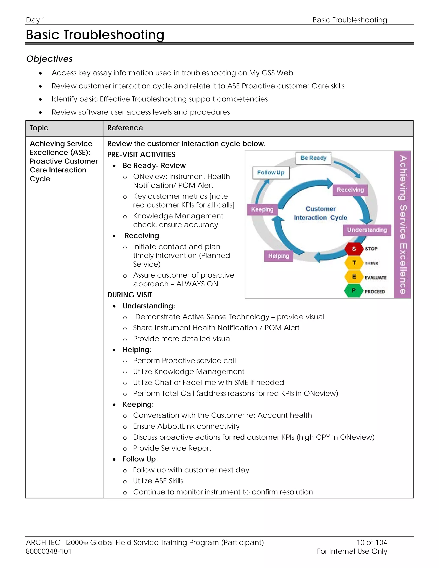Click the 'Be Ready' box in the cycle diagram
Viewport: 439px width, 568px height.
(313, 158)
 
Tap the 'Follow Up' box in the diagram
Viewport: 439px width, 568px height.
(271, 173)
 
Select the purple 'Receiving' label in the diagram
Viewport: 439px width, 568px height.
(350, 190)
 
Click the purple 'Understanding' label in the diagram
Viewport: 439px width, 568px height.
(367, 230)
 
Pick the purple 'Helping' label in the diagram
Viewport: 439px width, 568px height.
(278, 256)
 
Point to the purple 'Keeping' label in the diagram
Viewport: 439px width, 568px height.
(262, 209)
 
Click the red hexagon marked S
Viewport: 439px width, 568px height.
(354, 249)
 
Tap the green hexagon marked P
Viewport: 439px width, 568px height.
(353, 290)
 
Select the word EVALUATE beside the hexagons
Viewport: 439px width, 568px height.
(375, 278)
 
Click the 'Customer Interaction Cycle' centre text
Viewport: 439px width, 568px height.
(320, 213)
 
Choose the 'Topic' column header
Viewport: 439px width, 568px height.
(39, 128)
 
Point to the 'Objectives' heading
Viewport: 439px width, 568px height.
(50, 59)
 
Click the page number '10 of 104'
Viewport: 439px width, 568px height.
(372, 542)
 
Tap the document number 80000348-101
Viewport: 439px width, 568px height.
(49, 551)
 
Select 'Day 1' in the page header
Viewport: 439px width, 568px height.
(36, 20)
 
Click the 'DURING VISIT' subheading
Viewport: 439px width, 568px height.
(130, 295)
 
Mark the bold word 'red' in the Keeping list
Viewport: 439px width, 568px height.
(239, 437)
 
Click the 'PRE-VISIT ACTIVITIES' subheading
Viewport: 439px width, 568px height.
(141, 155)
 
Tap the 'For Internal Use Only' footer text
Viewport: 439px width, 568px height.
(352, 551)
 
